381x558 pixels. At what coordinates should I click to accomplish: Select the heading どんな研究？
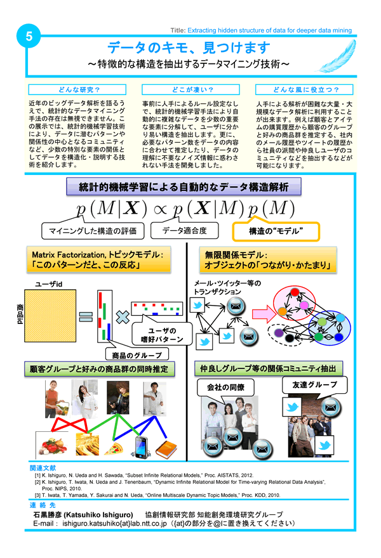tap(70, 89)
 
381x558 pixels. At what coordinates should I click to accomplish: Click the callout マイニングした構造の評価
tap(92, 230)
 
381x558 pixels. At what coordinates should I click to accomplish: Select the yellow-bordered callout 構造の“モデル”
tap(276, 230)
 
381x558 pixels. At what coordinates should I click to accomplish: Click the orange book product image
tap(168, 449)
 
